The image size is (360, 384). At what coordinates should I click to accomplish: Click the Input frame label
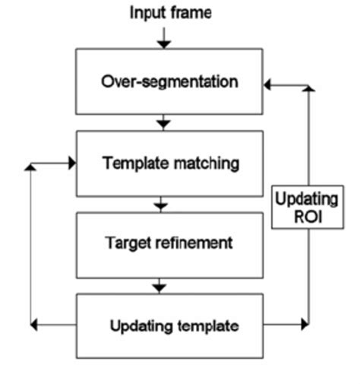[x=170, y=13]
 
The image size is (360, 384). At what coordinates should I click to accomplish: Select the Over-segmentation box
[x=169, y=81]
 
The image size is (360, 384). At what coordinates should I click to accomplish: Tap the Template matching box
[x=169, y=163]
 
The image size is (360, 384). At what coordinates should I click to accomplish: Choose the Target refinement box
[x=169, y=244]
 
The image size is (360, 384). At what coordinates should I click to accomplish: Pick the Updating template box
[x=169, y=326]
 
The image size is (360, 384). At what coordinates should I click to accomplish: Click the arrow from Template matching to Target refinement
[x=160, y=204]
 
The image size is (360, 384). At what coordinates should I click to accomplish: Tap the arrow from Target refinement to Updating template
[x=159, y=286]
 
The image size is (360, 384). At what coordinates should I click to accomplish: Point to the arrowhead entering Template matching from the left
[x=71, y=163]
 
